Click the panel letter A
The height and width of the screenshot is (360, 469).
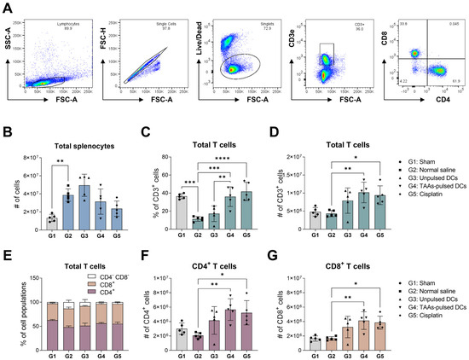[x=7, y=7]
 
